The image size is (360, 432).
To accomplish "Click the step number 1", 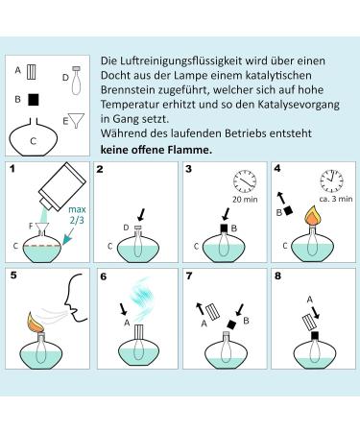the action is tap(12, 168).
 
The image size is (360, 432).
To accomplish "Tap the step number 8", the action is tap(277, 276).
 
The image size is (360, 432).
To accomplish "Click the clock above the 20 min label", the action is tap(245, 181).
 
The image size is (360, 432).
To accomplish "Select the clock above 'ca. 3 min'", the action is tap(331, 180).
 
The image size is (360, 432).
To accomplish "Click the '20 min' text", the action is tap(245, 199).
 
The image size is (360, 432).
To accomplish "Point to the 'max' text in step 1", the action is tap(77, 209).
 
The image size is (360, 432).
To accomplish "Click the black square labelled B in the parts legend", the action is tap(33, 99).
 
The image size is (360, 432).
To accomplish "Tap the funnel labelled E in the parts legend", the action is tap(77, 120).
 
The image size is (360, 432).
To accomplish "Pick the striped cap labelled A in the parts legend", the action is tap(31, 72).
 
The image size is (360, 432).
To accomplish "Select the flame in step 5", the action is tap(36, 323).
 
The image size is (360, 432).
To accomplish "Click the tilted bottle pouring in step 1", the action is tap(62, 187).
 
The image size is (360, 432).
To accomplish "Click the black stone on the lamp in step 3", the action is tap(225, 228).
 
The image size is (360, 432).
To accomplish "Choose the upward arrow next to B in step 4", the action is tap(281, 198).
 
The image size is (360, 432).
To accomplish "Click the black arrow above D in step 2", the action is tap(141, 215).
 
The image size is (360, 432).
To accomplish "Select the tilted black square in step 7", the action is tap(231, 324).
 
